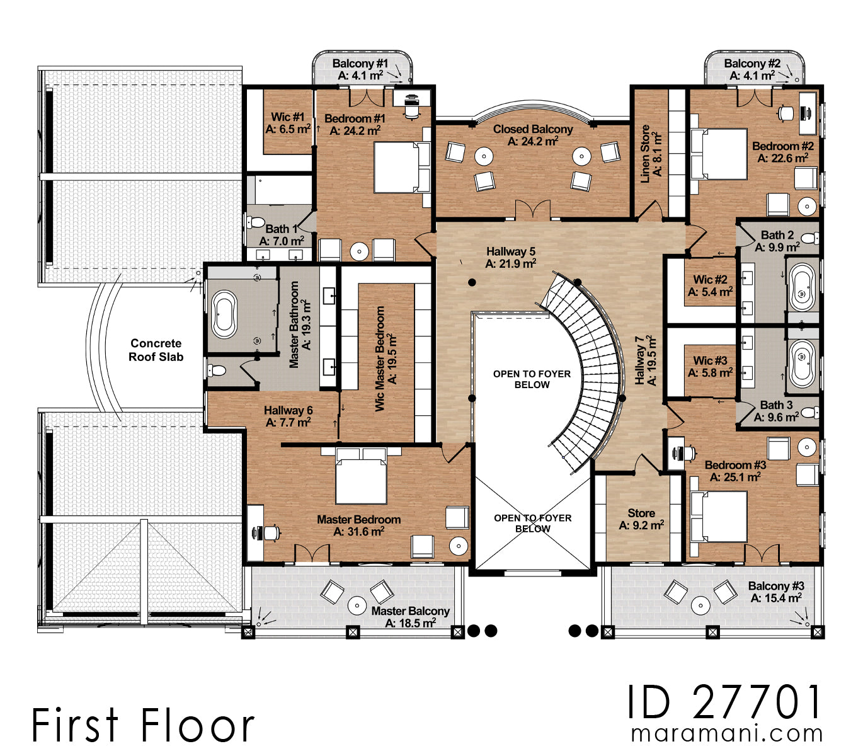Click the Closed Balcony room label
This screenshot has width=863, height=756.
point(533,135)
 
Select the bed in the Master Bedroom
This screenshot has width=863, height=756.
point(361,477)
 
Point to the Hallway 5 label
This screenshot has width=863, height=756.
point(511,257)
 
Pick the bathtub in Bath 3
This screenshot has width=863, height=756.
point(803,364)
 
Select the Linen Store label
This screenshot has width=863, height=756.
point(651,154)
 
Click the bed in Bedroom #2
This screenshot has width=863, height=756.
point(719,154)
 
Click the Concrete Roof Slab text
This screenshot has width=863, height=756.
point(156,350)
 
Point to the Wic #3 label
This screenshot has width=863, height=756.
point(710,367)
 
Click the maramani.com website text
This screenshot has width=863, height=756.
point(727,734)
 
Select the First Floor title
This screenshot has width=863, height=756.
point(143,725)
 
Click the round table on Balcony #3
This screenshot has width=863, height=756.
point(700,605)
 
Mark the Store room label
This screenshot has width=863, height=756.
point(641,519)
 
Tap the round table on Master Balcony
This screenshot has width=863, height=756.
point(357,605)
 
